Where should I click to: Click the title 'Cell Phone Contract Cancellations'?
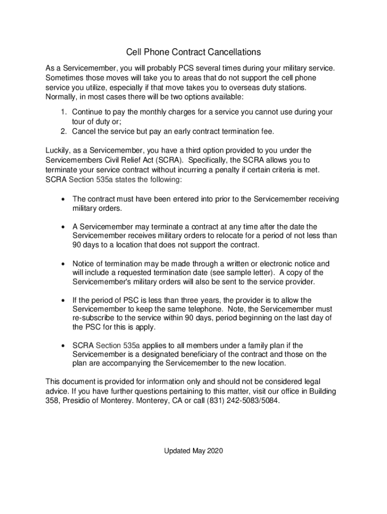[193, 52]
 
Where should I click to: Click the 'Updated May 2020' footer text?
[193, 451]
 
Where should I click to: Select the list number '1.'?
[64, 112]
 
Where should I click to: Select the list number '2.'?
[64, 131]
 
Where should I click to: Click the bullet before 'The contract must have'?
[62, 200]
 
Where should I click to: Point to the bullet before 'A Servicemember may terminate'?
[62, 227]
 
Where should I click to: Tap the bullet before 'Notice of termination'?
[62, 264]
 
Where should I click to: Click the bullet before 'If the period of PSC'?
[62, 301]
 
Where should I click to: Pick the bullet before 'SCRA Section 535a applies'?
[62, 346]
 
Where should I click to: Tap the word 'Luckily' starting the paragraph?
[58, 150]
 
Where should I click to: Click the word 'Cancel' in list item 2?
[84, 131]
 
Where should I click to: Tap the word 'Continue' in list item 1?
[88, 112]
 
